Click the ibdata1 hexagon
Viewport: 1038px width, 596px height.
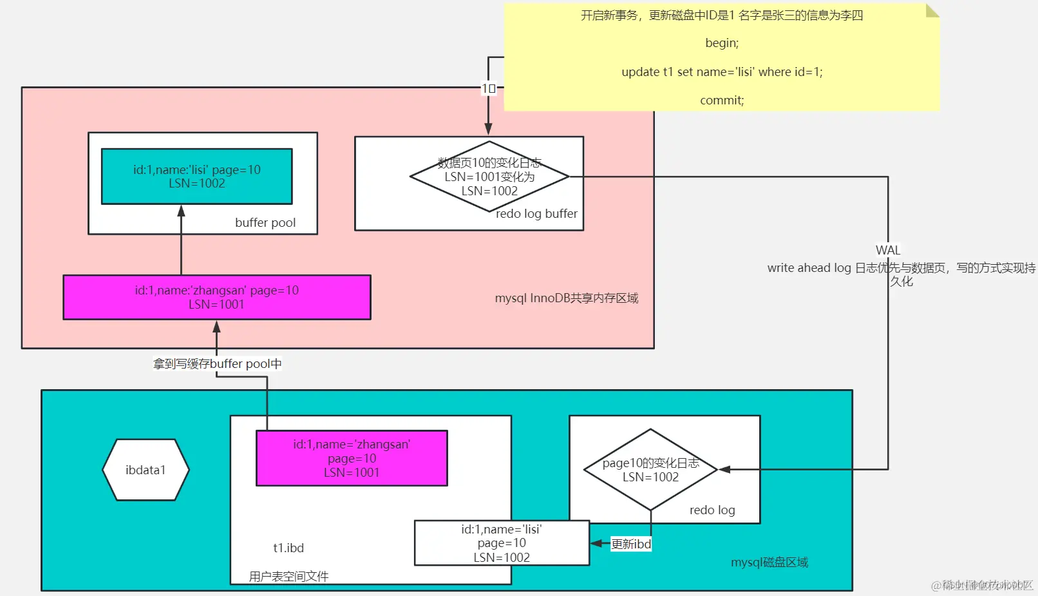point(146,470)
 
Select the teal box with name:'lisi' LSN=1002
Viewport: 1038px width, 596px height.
point(196,177)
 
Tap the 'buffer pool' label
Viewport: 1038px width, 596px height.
point(265,222)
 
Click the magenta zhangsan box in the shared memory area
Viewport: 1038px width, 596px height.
point(216,297)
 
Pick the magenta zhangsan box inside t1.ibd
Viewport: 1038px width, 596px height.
point(352,458)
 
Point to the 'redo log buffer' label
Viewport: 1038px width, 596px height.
point(536,213)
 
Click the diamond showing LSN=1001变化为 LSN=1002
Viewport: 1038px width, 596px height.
point(489,177)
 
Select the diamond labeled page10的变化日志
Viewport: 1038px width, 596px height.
point(650,470)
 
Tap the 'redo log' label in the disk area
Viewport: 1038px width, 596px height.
point(712,510)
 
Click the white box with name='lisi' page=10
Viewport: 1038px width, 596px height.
point(502,543)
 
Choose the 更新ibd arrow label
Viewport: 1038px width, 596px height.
point(631,544)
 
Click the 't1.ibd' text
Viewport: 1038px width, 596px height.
point(288,548)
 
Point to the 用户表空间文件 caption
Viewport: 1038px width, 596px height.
point(288,576)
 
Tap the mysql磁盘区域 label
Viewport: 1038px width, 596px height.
point(769,562)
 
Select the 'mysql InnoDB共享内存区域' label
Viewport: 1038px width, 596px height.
point(566,298)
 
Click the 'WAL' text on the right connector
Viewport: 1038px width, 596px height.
point(888,250)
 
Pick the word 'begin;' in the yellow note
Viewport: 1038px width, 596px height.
point(722,43)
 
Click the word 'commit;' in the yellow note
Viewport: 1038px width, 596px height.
point(722,100)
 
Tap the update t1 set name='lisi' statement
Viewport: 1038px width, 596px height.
point(722,72)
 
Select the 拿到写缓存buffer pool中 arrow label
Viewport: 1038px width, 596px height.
point(217,363)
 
